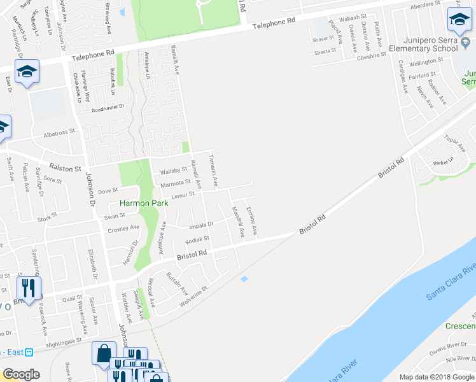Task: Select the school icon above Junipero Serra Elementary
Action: (459, 20)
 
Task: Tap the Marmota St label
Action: (175, 183)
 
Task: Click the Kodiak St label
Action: (197, 240)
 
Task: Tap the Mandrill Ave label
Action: (238, 221)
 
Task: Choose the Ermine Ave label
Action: (253, 220)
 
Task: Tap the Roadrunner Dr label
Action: (106, 109)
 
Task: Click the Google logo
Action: (21, 374)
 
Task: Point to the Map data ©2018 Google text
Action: (436, 377)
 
